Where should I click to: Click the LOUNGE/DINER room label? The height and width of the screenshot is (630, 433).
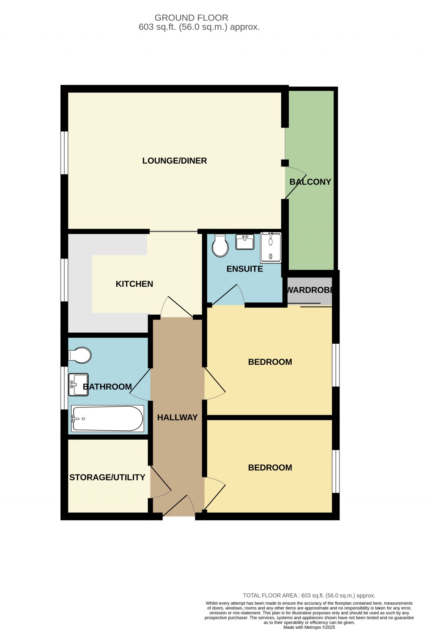174,161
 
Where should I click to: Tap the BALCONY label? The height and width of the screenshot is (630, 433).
310,182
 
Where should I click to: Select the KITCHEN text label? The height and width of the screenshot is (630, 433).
134,284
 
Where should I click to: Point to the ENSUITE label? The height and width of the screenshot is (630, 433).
244,269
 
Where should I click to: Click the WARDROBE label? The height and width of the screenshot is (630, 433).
310,290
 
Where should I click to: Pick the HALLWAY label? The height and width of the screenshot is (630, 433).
177,418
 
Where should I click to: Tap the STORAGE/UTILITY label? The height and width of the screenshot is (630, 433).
107,478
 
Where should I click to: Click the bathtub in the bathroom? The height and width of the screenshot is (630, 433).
108,418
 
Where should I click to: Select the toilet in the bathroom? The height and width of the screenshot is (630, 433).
80,355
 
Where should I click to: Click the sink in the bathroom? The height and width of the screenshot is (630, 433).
79,384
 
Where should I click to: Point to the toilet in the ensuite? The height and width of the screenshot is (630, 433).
220,246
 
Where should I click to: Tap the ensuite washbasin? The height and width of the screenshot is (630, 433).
244,242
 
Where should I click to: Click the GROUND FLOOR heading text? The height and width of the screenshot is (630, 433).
191,18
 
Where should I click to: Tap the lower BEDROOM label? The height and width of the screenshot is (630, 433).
270,468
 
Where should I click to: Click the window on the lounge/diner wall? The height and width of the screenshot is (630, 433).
64,153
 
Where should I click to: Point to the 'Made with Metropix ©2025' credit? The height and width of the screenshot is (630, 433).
309,627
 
